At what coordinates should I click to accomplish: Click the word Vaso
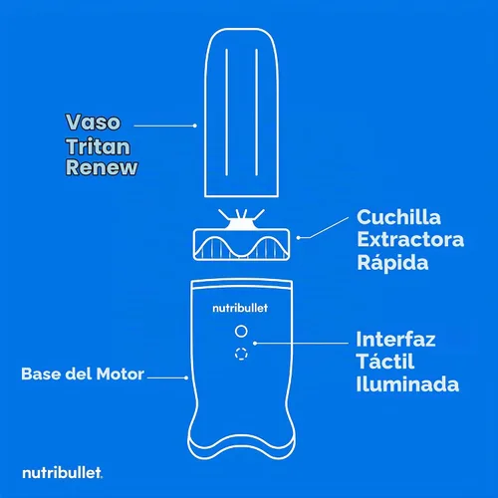[93, 122]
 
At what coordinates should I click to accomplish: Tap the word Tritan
[98, 146]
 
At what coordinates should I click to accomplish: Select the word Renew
[102, 167]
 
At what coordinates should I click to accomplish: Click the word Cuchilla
[398, 217]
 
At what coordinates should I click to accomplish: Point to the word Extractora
[410, 239]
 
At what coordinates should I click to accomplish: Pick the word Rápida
[392, 262]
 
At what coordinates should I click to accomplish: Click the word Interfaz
[395, 340]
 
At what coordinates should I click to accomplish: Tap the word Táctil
[385, 361]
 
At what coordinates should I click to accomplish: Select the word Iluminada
[407, 384]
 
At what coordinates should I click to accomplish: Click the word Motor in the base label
[121, 373]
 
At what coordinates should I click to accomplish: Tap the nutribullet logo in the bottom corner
[62, 473]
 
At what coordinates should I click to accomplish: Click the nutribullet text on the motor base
[240, 308]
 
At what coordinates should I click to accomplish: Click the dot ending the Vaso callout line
[195, 125]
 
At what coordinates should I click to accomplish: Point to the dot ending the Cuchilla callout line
[298, 238]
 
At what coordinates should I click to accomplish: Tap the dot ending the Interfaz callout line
[255, 344]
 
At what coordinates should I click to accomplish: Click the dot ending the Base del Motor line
[186, 377]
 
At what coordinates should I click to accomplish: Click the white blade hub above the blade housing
[241, 224]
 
